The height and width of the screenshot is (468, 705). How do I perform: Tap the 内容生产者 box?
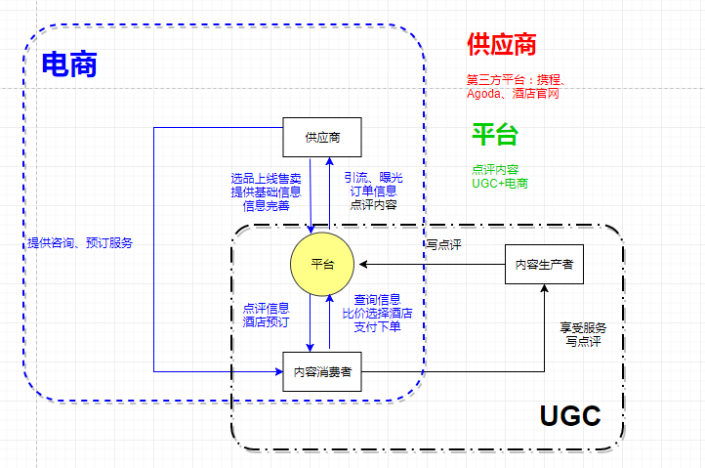click(544, 264)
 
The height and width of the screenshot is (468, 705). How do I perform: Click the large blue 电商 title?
click(68, 64)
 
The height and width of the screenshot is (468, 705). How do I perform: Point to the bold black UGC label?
click(569, 415)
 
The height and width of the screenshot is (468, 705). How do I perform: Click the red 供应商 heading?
click(502, 44)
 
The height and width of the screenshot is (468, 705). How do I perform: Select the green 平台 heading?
click(495, 134)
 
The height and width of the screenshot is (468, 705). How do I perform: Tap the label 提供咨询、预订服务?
click(80, 242)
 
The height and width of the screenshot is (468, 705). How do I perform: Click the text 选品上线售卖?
click(266, 178)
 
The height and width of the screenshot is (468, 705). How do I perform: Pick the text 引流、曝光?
click(373, 178)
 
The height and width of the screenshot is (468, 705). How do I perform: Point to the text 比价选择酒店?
click(377, 314)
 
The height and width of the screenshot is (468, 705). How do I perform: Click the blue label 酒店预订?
click(266, 321)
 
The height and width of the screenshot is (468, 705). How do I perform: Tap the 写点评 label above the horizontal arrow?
click(443, 245)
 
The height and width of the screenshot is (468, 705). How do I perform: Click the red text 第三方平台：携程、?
click(513, 80)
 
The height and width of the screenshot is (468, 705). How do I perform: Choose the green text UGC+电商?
click(499, 183)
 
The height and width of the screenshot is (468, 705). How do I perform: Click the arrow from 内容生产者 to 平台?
click(430, 264)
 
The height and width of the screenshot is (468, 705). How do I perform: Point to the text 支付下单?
click(377, 326)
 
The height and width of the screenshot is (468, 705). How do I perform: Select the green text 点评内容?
click(495, 169)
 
